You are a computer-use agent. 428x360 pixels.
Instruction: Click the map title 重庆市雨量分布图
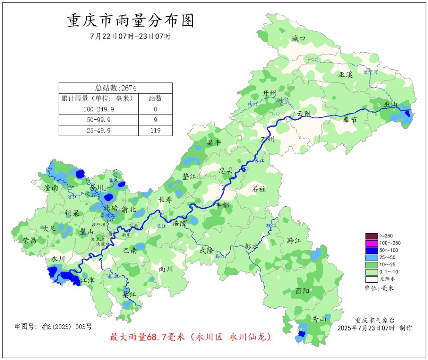pyautogui.click(x=131, y=21)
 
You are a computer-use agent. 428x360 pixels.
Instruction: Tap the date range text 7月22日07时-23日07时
pyautogui.click(x=131, y=36)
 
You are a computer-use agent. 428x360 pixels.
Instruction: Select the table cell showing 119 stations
pyautogui.click(x=155, y=130)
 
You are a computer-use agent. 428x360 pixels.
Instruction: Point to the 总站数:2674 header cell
pyautogui.click(x=116, y=88)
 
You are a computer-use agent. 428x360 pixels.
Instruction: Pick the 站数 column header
pyautogui.click(x=155, y=98)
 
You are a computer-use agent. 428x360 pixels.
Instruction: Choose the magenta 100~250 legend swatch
pyautogui.click(x=371, y=243)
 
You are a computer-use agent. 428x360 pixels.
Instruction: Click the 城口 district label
pyautogui.click(x=299, y=38)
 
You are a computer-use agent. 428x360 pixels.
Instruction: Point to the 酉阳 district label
pyautogui.click(x=303, y=291)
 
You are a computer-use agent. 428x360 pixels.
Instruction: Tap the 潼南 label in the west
pyautogui.click(x=52, y=188)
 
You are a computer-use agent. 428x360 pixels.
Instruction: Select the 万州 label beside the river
pyautogui.click(x=268, y=140)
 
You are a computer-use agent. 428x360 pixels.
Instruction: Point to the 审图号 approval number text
pyautogui.click(x=53, y=327)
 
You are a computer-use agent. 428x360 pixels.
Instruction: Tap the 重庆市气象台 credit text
pyautogui.click(x=374, y=320)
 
